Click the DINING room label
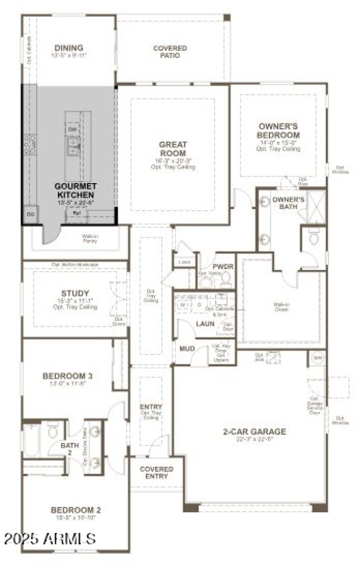69,48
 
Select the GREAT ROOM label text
173,149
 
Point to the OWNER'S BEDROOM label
278,131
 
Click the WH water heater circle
318,358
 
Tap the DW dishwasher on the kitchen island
72,130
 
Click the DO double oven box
31,214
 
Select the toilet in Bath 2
52,430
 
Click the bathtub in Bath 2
31,440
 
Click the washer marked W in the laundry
182,304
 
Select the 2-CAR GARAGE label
254,432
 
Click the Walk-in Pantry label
90,238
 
